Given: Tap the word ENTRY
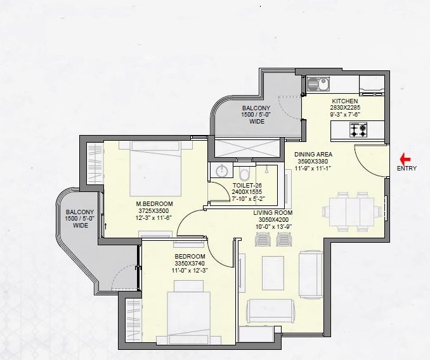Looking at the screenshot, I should point(407,169).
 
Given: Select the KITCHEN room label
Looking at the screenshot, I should point(345,101).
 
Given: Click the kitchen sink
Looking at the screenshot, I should point(316,83).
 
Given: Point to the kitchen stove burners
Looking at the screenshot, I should point(355,131).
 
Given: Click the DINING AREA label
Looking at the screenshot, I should point(313,153).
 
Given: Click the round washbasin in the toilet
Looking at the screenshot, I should point(222,171).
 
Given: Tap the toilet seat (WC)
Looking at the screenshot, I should point(244,173).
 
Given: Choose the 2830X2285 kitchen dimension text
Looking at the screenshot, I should point(345,108).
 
